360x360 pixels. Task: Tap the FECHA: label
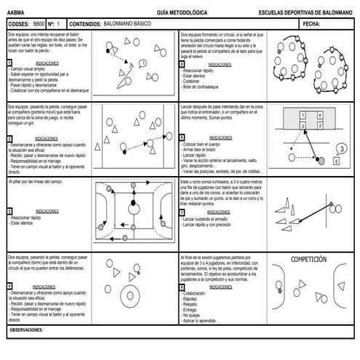click(x=311, y=24)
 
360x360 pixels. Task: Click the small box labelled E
click(x=335, y=163)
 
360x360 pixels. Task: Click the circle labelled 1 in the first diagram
click(x=145, y=63)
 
